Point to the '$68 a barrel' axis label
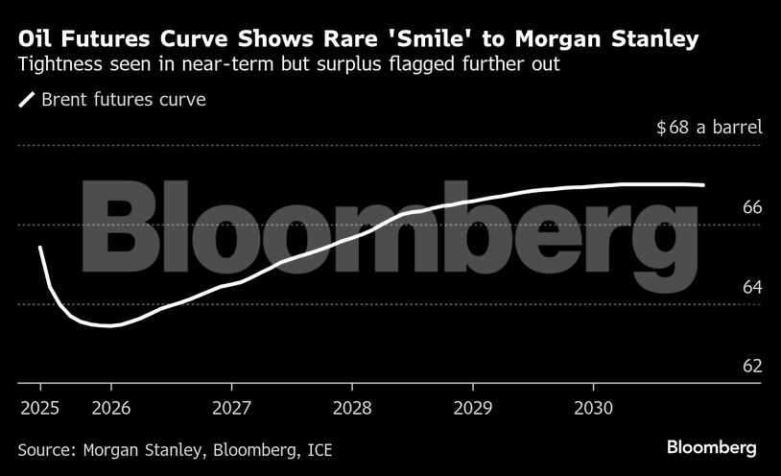point(709,128)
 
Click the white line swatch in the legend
point(26,99)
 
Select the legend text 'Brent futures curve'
point(124,99)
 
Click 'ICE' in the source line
point(318,448)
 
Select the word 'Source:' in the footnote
point(47,448)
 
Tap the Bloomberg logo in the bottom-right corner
point(712,448)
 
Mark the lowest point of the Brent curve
point(108,325)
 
